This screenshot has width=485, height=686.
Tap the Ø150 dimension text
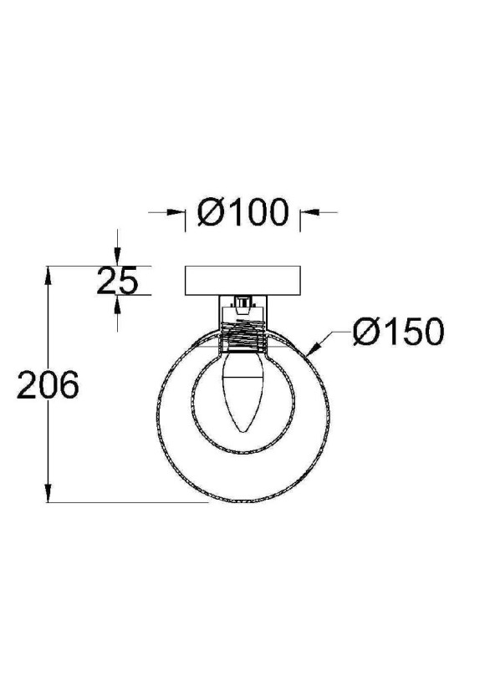[x=396, y=333]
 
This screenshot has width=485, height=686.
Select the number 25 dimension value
[x=116, y=282]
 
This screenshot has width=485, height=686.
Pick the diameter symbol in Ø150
[x=365, y=333]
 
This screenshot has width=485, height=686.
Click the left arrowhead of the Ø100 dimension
[x=178, y=214]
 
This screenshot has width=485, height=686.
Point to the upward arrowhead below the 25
[x=118, y=303]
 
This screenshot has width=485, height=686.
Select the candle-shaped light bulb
[x=242, y=393]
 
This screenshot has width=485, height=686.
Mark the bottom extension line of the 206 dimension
[x=125, y=503]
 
